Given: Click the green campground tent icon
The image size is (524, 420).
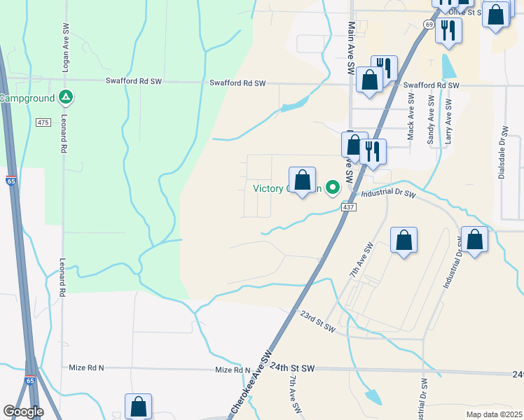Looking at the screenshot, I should pyautogui.click(x=64, y=97).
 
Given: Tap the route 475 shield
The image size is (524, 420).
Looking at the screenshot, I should pyautogui.click(x=43, y=122).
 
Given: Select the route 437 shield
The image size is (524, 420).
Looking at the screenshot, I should pyautogui.click(x=348, y=208).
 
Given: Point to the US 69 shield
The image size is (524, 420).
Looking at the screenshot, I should pyautogui.click(x=427, y=24).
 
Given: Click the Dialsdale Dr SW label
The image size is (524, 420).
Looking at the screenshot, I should pyautogui.click(x=502, y=152).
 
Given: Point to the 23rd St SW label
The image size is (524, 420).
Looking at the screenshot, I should pyautogui.click(x=317, y=321).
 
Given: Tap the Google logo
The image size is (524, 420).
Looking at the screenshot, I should pyautogui.click(x=23, y=411).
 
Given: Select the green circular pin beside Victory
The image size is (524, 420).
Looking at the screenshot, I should pyautogui.click(x=333, y=188).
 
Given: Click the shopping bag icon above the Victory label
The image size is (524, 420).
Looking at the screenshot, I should pyautogui.click(x=302, y=181).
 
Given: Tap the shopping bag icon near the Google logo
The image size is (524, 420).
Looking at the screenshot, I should pyautogui.click(x=138, y=406).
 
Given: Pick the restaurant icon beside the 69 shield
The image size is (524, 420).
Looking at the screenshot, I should pyautogui.click(x=448, y=30).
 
